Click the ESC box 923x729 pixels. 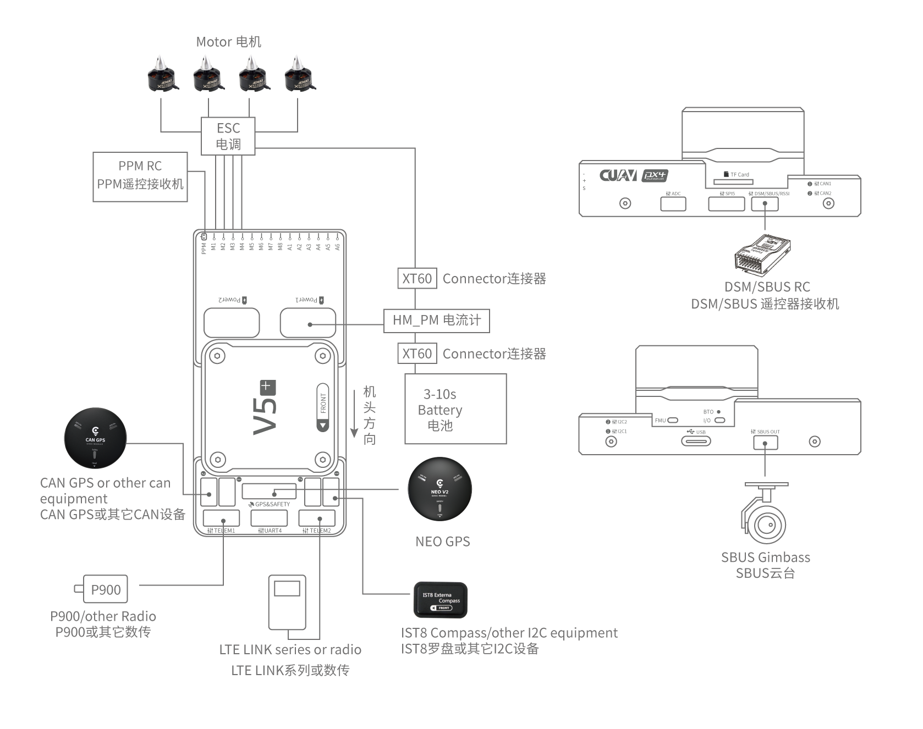pos(228,136)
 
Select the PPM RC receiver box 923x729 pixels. pos(140,176)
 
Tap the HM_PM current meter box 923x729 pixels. pos(436,321)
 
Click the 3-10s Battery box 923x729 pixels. pos(455,408)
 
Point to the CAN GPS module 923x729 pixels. pos(95,438)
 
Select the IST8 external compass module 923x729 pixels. pos(440,600)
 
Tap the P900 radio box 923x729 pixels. pos(105,589)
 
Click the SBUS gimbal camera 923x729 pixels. pos(765,517)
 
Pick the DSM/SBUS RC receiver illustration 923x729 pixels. pos(763,255)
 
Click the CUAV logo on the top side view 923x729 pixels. pos(618,175)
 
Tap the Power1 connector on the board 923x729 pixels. pos(307,323)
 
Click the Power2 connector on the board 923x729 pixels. pos(231,323)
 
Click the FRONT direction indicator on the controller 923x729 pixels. pos(323,407)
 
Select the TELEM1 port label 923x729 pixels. pos(221,531)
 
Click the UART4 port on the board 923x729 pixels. pos(269,518)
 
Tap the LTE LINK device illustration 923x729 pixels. pos(287,603)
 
